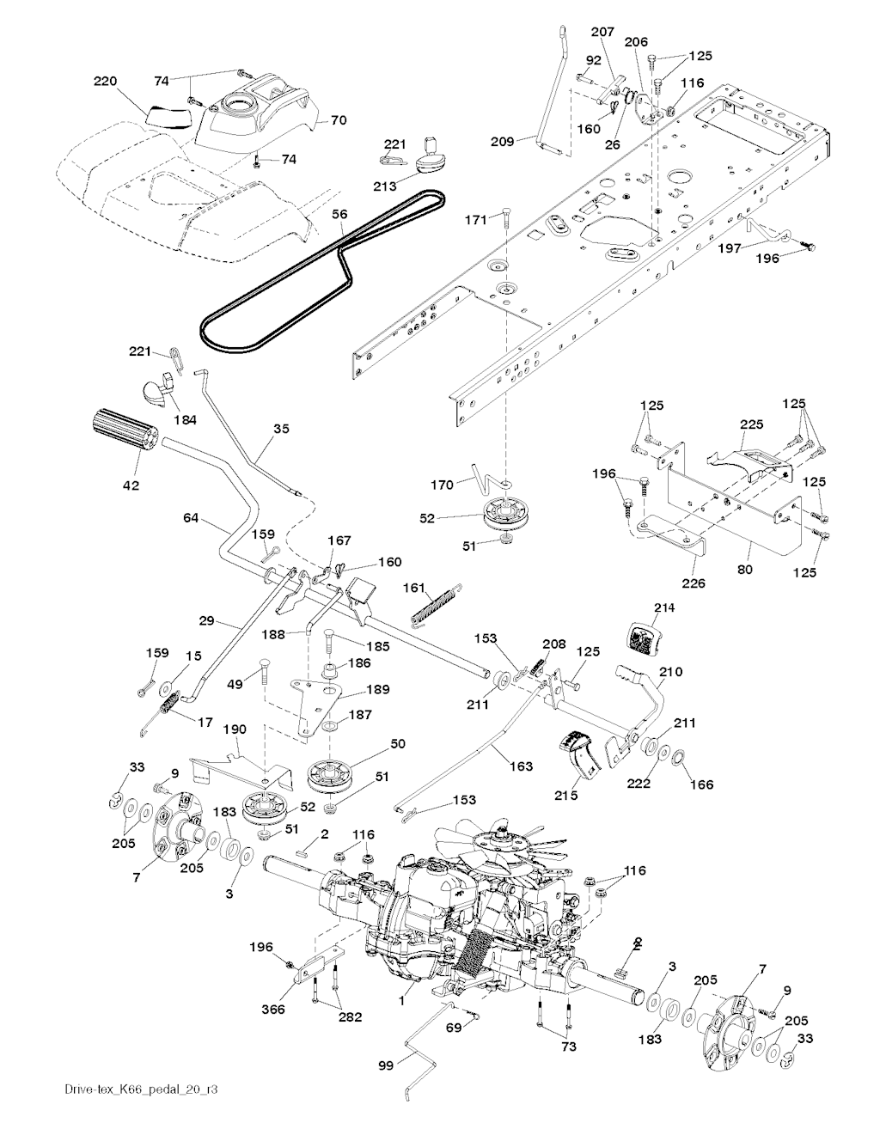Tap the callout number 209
pyautogui.click(x=504, y=140)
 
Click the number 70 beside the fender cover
pyautogui.click(x=339, y=120)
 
